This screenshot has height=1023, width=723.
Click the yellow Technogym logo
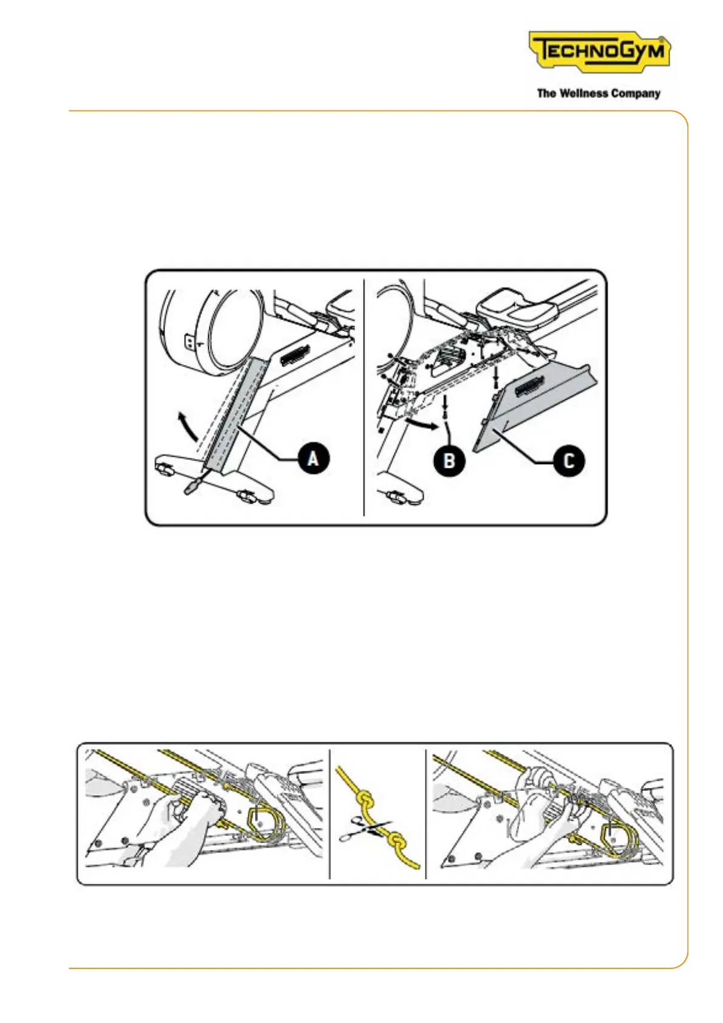(x=599, y=51)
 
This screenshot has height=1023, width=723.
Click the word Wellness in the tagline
(x=584, y=94)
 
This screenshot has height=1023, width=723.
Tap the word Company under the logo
(x=636, y=94)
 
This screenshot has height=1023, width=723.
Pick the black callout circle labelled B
(x=449, y=460)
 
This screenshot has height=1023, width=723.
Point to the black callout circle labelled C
(x=569, y=461)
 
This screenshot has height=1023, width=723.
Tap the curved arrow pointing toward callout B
(x=419, y=422)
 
